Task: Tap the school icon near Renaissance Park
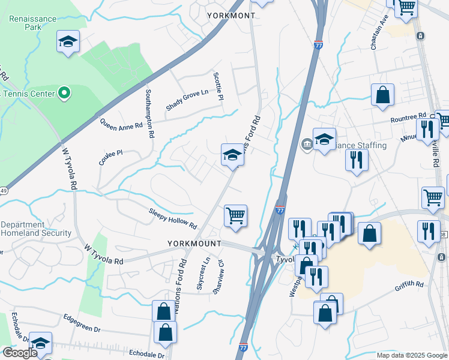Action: (68, 42)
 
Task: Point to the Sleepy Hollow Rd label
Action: (173, 218)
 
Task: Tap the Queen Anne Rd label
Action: (121, 124)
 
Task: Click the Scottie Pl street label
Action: (219, 86)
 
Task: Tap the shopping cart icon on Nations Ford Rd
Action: (236, 216)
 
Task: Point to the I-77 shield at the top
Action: (318, 44)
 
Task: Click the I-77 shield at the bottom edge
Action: (243, 347)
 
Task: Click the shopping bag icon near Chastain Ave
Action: (382, 95)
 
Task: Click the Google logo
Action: (19, 353)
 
